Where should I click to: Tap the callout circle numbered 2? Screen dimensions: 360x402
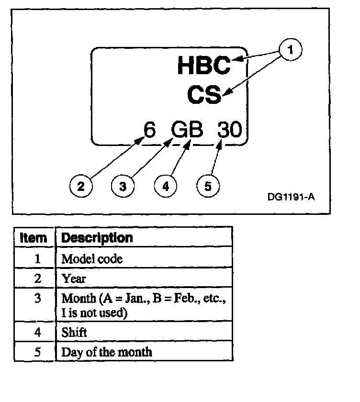point(81,185)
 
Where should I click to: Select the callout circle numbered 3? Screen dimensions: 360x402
point(123,185)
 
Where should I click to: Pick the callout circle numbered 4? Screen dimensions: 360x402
point(165,185)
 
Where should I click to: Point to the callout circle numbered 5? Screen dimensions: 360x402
point(208,185)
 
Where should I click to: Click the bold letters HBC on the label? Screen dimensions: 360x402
point(204,66)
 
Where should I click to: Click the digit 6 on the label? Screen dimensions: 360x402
point(150,130)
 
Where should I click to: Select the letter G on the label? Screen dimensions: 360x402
point(180,130)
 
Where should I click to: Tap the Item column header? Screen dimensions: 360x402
point(34,237)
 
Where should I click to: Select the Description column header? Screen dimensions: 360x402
point(97,237)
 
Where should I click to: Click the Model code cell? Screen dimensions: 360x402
point(92,259)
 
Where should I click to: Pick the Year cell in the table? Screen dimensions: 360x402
point(73,278)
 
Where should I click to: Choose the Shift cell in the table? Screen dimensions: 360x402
point(74,332)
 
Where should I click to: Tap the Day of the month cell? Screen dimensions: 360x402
point(106,352)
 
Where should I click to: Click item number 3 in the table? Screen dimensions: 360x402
point(37,298)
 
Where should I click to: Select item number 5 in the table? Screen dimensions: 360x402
point(37,352)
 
